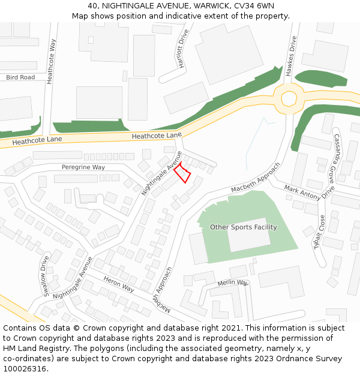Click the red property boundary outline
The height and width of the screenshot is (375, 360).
coord(182,173)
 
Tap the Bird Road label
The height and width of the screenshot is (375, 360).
coord(20,77)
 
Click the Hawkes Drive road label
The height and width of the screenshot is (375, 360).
coord(290,56)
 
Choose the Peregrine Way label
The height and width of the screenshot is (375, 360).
coord(83,167)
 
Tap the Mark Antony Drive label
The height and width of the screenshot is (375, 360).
coord(310,192)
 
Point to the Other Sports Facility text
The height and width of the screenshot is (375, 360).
coord(244,227)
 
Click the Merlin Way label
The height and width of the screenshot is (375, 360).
coord(233,283)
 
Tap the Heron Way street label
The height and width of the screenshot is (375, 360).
coord(119,284)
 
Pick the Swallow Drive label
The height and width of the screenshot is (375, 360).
coord(45,275)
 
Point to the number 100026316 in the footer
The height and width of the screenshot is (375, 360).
coord(25,369)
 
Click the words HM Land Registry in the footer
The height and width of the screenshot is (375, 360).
coord(35,349)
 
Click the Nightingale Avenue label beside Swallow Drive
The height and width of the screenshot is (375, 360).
coord(73,278)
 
